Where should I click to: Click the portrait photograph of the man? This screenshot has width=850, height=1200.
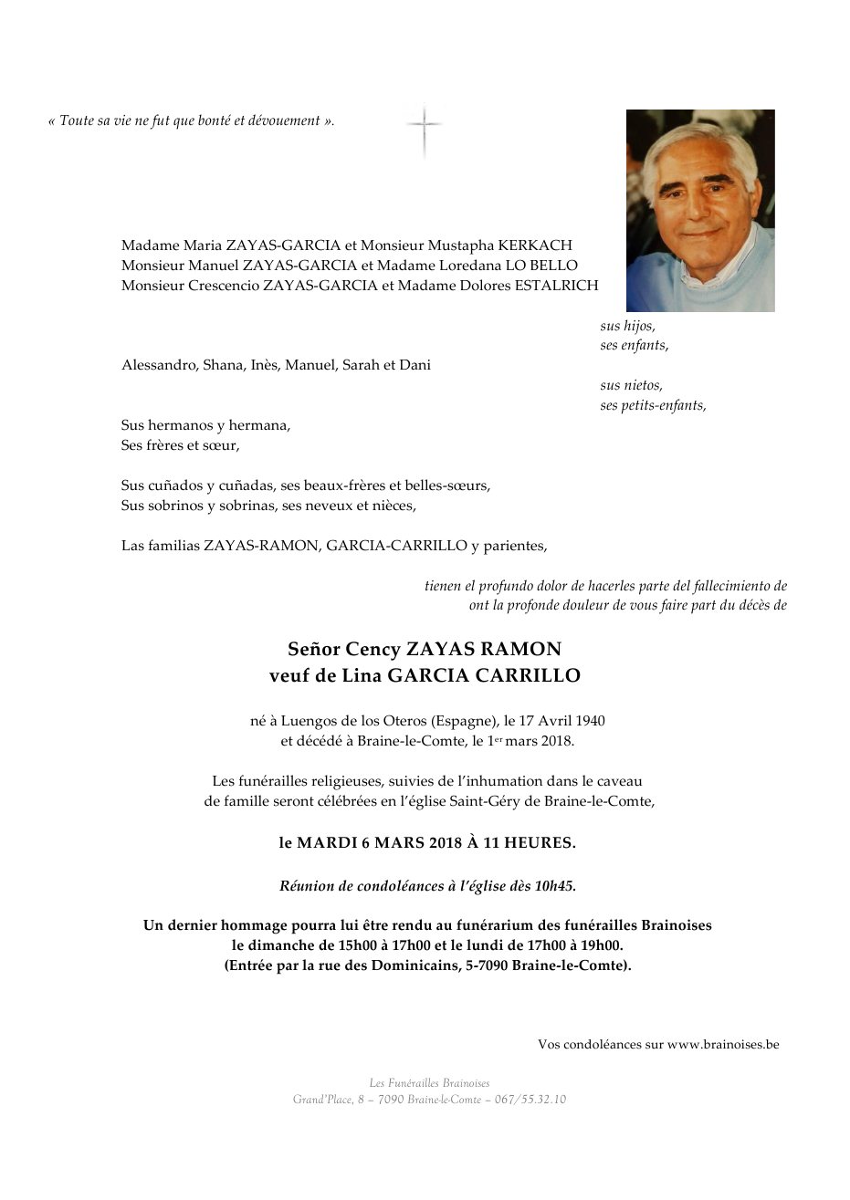pos(700,211)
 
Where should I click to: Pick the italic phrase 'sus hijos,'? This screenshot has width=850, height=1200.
pos(627,327)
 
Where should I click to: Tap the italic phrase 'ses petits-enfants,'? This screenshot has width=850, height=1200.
pos(653,405)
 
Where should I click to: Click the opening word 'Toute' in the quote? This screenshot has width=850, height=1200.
pos(78,121)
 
